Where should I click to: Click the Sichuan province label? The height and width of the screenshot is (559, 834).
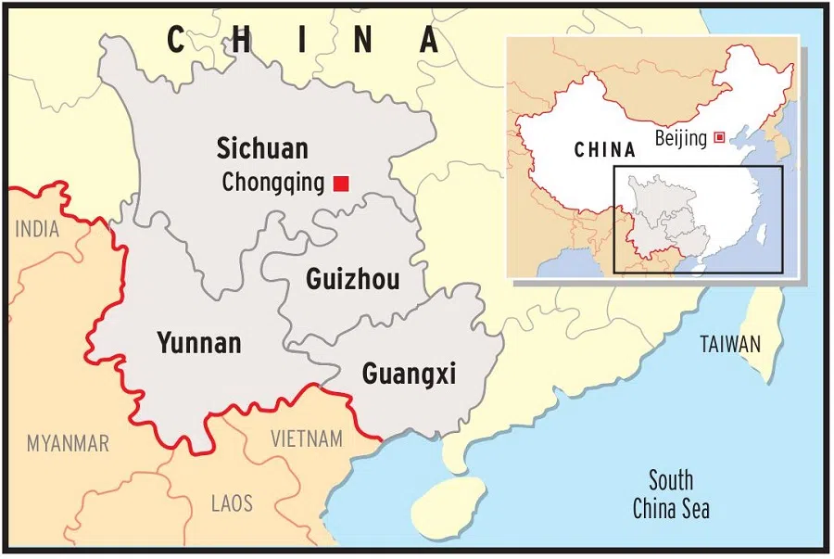click(262, 148)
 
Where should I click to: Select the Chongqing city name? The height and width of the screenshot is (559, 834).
click(273, 184)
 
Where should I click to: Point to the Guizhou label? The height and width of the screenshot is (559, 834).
click(353, 278)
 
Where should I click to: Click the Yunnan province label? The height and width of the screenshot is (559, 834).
click(199, 343)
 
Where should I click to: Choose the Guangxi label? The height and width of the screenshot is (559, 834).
click(409, 374)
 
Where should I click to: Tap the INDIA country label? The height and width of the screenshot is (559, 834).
click(37, 228)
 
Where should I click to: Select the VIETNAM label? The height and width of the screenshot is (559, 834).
click(306, 438)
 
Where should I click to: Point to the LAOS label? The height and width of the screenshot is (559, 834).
click(232, 503)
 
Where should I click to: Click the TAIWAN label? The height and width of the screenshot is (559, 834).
click(730, 345)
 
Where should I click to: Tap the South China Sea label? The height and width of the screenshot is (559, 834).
click(671, 494)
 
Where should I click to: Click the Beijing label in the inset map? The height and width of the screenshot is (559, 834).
click(680, 138)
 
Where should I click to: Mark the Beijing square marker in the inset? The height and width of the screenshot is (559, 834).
click(719, 138)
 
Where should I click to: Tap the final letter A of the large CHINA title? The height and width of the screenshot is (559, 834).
click(428, 40)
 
